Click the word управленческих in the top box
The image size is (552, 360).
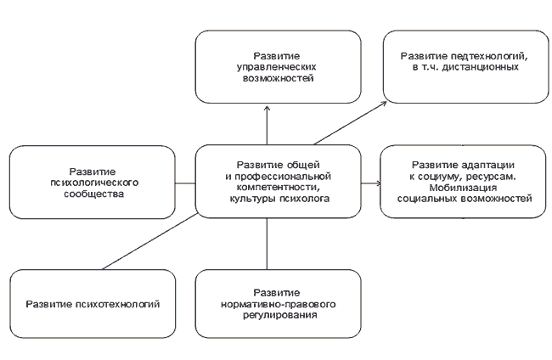276,67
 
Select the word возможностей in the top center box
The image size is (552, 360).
278,78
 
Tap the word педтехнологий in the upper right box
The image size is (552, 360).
489,56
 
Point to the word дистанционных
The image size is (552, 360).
480,67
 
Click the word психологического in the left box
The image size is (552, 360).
94,183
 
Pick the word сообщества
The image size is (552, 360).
94,194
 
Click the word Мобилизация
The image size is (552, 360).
463,187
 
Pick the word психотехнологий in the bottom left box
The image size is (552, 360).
118,305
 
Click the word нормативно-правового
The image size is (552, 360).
278,304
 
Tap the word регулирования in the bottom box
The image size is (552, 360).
280,315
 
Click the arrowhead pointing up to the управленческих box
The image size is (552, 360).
267,109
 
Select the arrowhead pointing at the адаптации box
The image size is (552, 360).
378,183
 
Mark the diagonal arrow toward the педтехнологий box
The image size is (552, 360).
350,123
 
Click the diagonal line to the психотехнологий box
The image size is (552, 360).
150,241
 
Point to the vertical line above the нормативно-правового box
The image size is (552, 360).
267,244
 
